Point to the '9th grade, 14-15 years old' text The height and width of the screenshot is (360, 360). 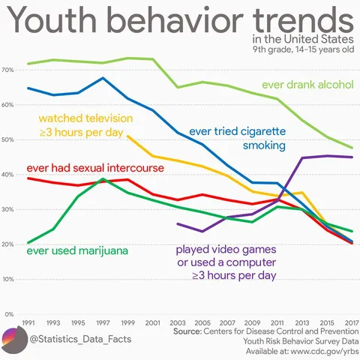304,51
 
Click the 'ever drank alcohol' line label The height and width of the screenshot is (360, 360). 307,85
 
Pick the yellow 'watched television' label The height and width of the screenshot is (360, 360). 85,125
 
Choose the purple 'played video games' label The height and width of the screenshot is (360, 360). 226,262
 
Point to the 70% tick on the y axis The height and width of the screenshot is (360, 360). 8,70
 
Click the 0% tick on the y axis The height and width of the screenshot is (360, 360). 8,314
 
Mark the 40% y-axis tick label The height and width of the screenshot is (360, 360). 8,175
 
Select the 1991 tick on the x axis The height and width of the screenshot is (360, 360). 29,322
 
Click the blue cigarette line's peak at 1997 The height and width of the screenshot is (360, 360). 103,78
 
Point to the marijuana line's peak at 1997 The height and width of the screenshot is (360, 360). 103,179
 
